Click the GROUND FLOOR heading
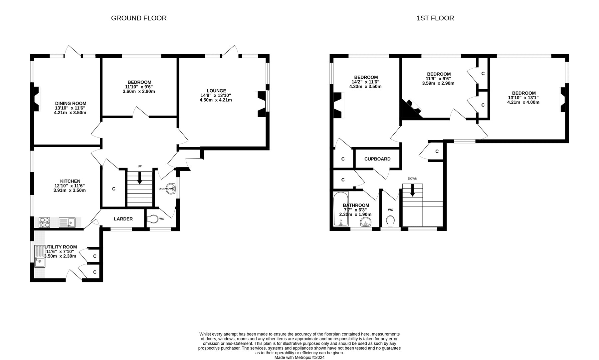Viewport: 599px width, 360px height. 139,18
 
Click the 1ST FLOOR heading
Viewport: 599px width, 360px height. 435,18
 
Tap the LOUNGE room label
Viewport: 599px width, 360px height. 216,91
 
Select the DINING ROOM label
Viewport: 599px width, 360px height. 71,104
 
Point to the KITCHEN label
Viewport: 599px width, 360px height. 70,181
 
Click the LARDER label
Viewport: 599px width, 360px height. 123,219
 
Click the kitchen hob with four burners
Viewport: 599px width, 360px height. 44,222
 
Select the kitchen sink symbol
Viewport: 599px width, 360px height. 68,222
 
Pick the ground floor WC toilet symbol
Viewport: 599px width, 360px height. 153,219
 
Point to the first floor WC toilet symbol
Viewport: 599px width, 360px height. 391,221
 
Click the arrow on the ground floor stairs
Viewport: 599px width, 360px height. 139,178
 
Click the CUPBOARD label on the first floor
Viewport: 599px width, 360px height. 377,159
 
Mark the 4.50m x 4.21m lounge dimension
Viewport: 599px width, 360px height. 216,100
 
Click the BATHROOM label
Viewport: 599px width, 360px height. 356,205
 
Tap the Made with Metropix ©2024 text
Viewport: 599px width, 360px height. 299,357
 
